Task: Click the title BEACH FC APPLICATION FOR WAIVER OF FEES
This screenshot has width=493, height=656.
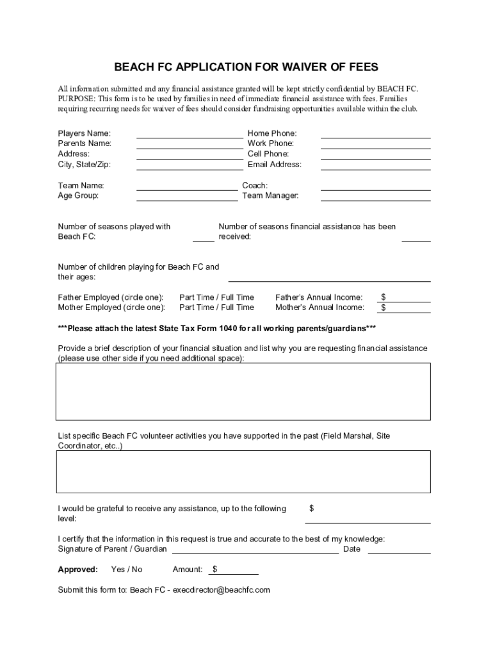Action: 247,67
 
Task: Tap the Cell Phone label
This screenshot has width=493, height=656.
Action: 268,154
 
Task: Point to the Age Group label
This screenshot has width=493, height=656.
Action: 78,195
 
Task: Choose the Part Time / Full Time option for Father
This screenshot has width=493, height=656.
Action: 216,297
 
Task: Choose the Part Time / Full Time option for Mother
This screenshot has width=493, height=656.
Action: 216,307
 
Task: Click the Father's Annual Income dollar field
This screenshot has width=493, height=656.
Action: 408,298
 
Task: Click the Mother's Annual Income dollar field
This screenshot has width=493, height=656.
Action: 408,308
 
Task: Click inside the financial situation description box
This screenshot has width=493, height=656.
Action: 243,391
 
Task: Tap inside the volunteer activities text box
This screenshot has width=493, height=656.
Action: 243,471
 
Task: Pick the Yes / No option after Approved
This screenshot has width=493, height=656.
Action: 127,570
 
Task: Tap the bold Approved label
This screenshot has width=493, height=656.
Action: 78,570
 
